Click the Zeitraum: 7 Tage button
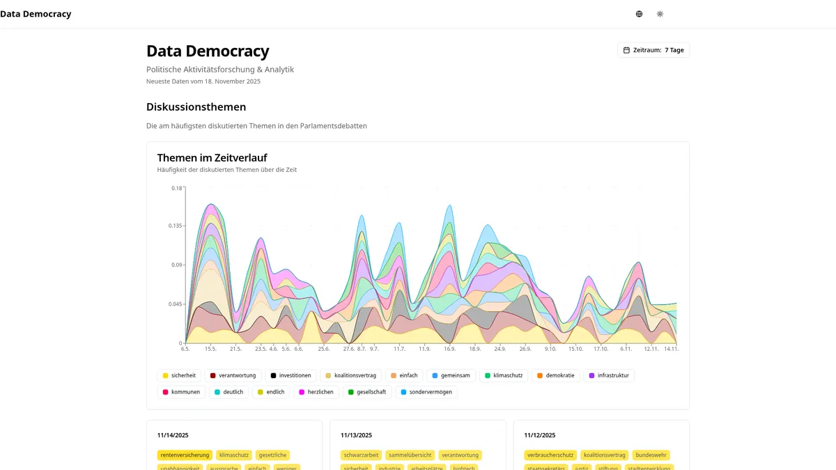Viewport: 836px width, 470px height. pos(653,50)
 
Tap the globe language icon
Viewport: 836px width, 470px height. pos(639,14)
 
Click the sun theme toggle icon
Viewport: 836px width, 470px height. pos(660,14)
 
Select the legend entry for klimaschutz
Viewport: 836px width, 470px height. pos(504,375)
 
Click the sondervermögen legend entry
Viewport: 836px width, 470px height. pos(426,392)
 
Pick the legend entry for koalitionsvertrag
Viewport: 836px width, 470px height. pos(350,375)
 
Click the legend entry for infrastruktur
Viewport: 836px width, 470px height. pos(608,375)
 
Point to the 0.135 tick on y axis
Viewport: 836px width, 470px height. pos(174,226)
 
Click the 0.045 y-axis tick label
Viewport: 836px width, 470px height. pos(174,304)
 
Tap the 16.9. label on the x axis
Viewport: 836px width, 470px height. pos(449,349)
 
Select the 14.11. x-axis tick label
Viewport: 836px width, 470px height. pos(671,349)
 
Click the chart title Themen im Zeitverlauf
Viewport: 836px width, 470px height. pos(212,158)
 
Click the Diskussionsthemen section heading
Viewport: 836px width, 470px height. pos(196,107)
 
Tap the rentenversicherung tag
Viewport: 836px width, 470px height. pos(184,455)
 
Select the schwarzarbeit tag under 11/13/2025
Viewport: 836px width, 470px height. pos(361,455)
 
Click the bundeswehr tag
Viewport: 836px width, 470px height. pos(651,455)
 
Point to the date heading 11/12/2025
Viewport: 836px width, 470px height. pos(539,435)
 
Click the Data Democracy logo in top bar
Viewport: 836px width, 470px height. pos(36,14)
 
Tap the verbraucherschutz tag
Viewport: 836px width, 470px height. pos(550,455)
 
